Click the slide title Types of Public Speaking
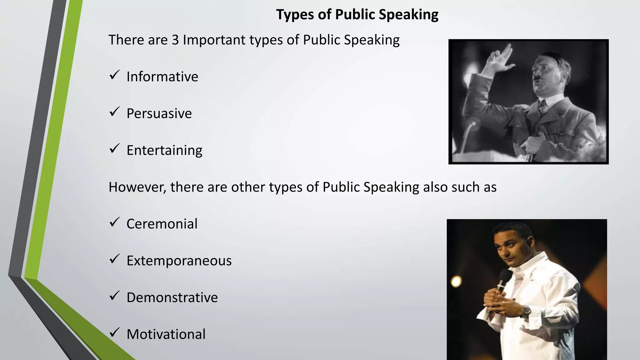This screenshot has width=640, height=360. (x=357, y=15)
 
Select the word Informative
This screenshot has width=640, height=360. (x=162, y=77)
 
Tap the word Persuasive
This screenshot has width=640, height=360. (x=159, y=113)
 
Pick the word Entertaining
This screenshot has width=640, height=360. (x=164, y=150)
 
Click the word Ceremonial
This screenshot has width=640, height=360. (x=162, y=224)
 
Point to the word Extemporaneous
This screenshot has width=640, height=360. (x=179, y=261)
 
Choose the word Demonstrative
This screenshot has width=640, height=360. (x=172, y=297)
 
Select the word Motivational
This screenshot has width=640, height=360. (x=166, y=334)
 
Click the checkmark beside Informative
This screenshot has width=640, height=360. (x=115, y=75)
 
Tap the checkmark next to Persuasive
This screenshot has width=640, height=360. (x=115, y=112)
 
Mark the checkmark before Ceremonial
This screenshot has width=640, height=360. (x=115, y=222)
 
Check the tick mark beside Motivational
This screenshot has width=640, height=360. (x=115, y=332)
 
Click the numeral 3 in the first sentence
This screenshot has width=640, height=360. (x=175, y=40)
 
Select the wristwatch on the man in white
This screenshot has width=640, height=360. (x=526, y=311)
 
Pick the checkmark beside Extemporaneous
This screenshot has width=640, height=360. (x=115, y=259)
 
